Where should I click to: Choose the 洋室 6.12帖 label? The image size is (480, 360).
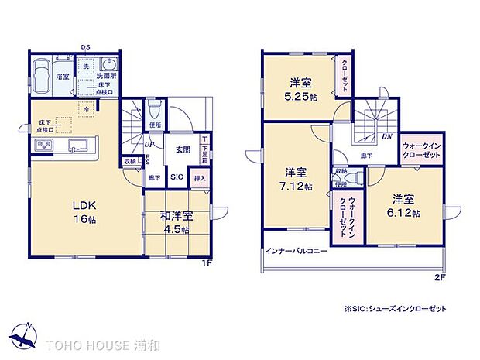pos(406,204)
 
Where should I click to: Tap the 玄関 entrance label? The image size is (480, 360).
pos(183,149)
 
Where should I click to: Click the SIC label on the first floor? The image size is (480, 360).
pos(177,177)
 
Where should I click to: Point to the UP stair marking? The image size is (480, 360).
pos(146,144)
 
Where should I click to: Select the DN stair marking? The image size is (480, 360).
pos(386,136)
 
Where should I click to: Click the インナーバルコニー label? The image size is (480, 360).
pos(296,252)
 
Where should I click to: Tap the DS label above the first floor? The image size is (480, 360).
pos(86,47)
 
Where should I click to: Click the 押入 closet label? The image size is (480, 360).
pos(200,177)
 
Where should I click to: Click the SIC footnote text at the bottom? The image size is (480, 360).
pos(396,309)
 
